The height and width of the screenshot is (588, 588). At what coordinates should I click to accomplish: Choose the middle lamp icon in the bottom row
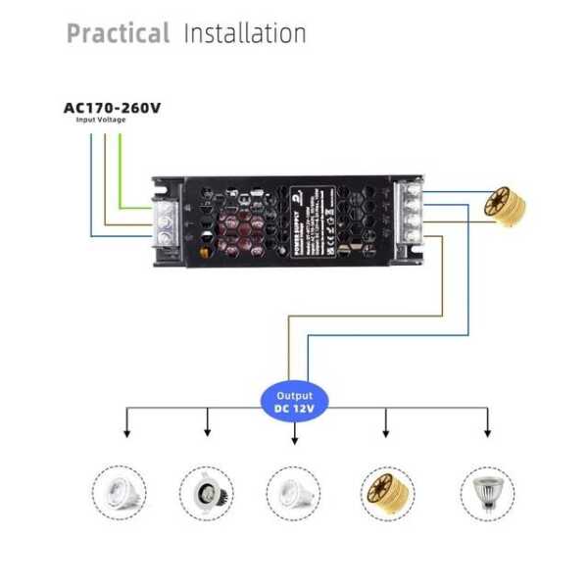tap(294, 491)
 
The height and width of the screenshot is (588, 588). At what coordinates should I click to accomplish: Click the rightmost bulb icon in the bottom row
tap(487, 491)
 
